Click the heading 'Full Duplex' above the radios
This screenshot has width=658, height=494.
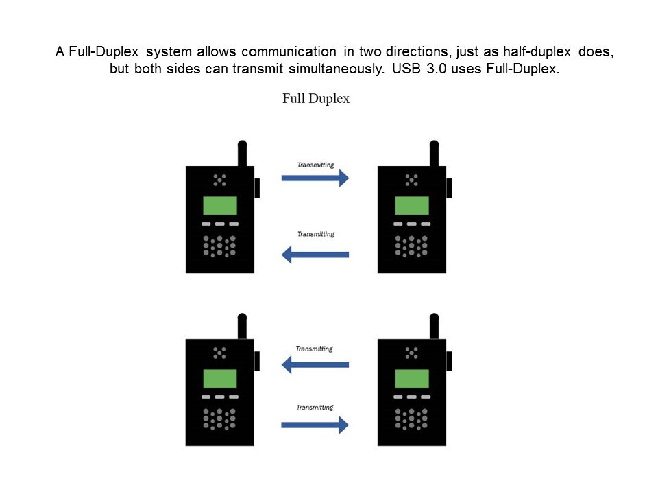(316, 99)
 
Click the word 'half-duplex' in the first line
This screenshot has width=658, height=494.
(537, 51)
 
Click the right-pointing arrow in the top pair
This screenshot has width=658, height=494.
(315, 178)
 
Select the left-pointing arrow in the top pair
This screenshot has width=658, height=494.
(315, 255)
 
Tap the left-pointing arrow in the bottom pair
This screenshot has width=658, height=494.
(315, 364)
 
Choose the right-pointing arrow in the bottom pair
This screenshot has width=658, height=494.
(315, 425)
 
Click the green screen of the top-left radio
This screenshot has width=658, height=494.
(220, 206)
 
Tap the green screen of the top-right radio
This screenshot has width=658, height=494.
(412, 206)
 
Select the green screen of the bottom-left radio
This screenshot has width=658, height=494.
(220, 379)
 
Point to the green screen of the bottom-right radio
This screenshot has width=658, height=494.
(412, 379)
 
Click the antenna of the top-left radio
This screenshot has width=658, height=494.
(242, 153)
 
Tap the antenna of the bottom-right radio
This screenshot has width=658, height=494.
(435, 326)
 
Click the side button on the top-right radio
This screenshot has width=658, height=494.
(449, 188)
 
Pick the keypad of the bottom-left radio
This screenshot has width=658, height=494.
(219, 419)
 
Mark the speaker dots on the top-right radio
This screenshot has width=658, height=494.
(412, 180)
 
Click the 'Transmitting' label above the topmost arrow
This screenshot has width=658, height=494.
(315, 165)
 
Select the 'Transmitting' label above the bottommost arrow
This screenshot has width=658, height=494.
(315, 408)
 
